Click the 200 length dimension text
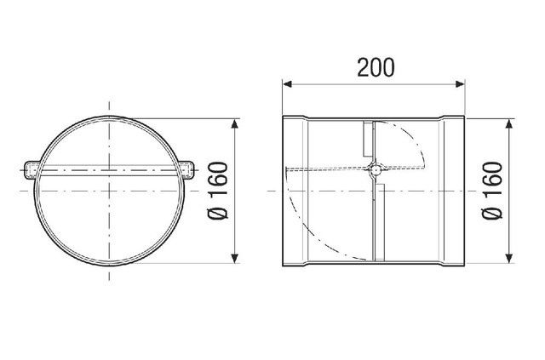[x=376, y=67]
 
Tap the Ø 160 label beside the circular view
[x=218, y=191]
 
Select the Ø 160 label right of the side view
[x=493, y=191]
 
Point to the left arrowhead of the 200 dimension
[x=287, y=83]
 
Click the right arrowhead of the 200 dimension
[x=460, y=83]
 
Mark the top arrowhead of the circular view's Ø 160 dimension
[x=235, y=123]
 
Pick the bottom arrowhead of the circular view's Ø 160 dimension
[x=235, y=258]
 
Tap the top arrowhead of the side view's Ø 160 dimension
[x=509, y=123]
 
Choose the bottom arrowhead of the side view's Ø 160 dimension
[x=509, y=258]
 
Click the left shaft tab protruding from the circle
[x=31, y=170]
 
